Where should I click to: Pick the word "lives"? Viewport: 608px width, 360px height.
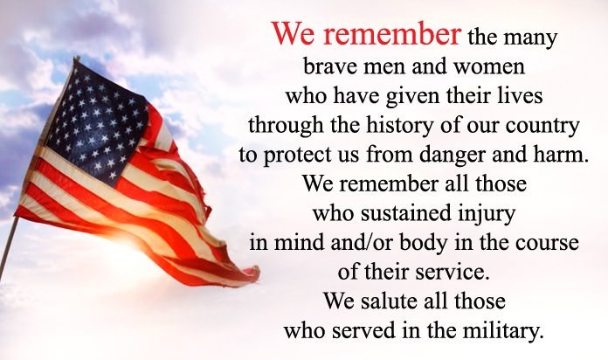click(x=522, y=95)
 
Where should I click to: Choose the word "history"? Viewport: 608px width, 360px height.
click(x=394, y=126)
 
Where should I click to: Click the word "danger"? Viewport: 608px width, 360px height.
click(x=453, y=156)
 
